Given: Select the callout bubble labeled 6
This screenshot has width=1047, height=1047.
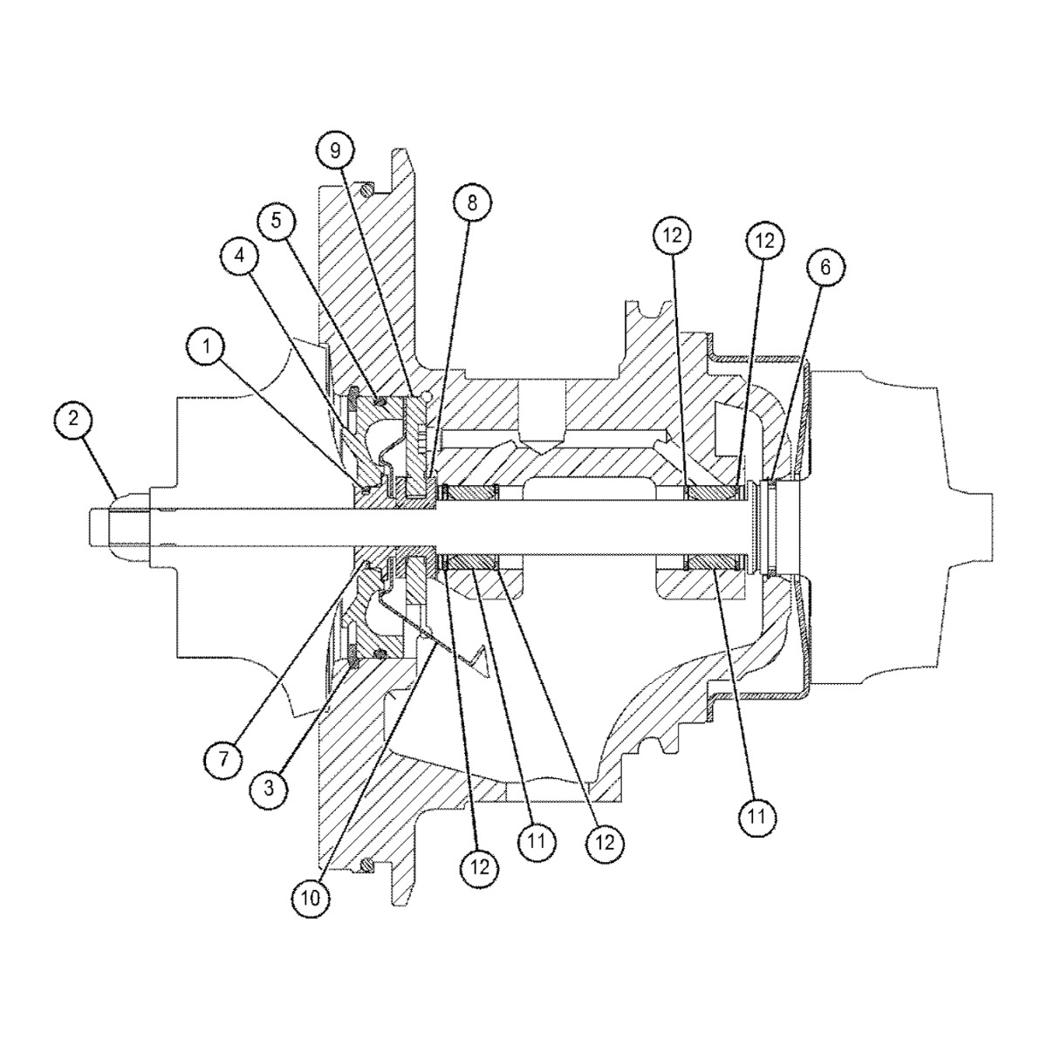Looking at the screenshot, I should (825, 269).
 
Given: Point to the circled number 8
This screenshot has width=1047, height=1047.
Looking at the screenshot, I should (472, 203).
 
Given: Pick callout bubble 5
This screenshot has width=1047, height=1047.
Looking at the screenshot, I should (276, 220).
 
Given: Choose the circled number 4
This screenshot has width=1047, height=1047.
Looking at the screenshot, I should (240, 257).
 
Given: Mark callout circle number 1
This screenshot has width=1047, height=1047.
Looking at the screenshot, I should (205, 347).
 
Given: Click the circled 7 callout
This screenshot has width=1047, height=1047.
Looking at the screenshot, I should (223, 758).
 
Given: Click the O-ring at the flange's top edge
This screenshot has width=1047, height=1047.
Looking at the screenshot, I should (369, 185).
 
